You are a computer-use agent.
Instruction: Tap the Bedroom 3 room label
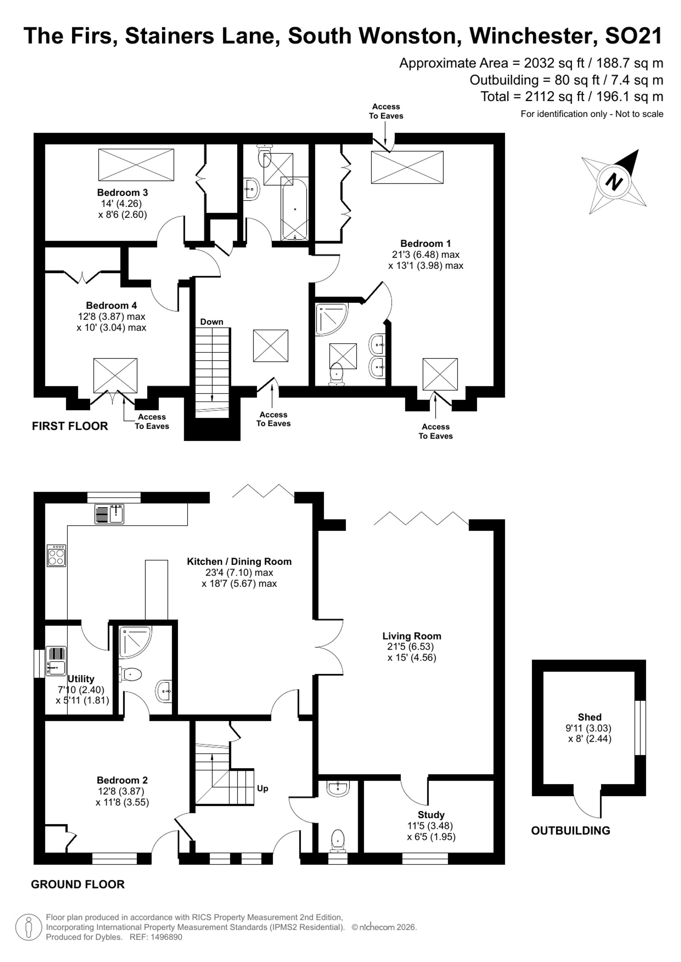coord(123,193)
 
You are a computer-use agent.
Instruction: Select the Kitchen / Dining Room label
coord(239,561)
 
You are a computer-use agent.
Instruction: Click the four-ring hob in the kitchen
coord(57,555)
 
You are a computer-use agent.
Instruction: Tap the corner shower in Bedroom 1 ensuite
coord(332,320)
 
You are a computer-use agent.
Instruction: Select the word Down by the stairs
coord(212,322)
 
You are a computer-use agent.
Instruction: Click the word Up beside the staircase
coord(263,788)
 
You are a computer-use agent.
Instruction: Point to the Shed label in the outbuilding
coord(590,717)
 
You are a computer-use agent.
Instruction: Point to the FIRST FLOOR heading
coord(70,426)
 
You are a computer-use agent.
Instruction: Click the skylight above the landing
coord(270,346)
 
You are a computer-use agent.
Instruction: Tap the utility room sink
coord(56,661)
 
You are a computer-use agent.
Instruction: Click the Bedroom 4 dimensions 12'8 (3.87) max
coord(112,316)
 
